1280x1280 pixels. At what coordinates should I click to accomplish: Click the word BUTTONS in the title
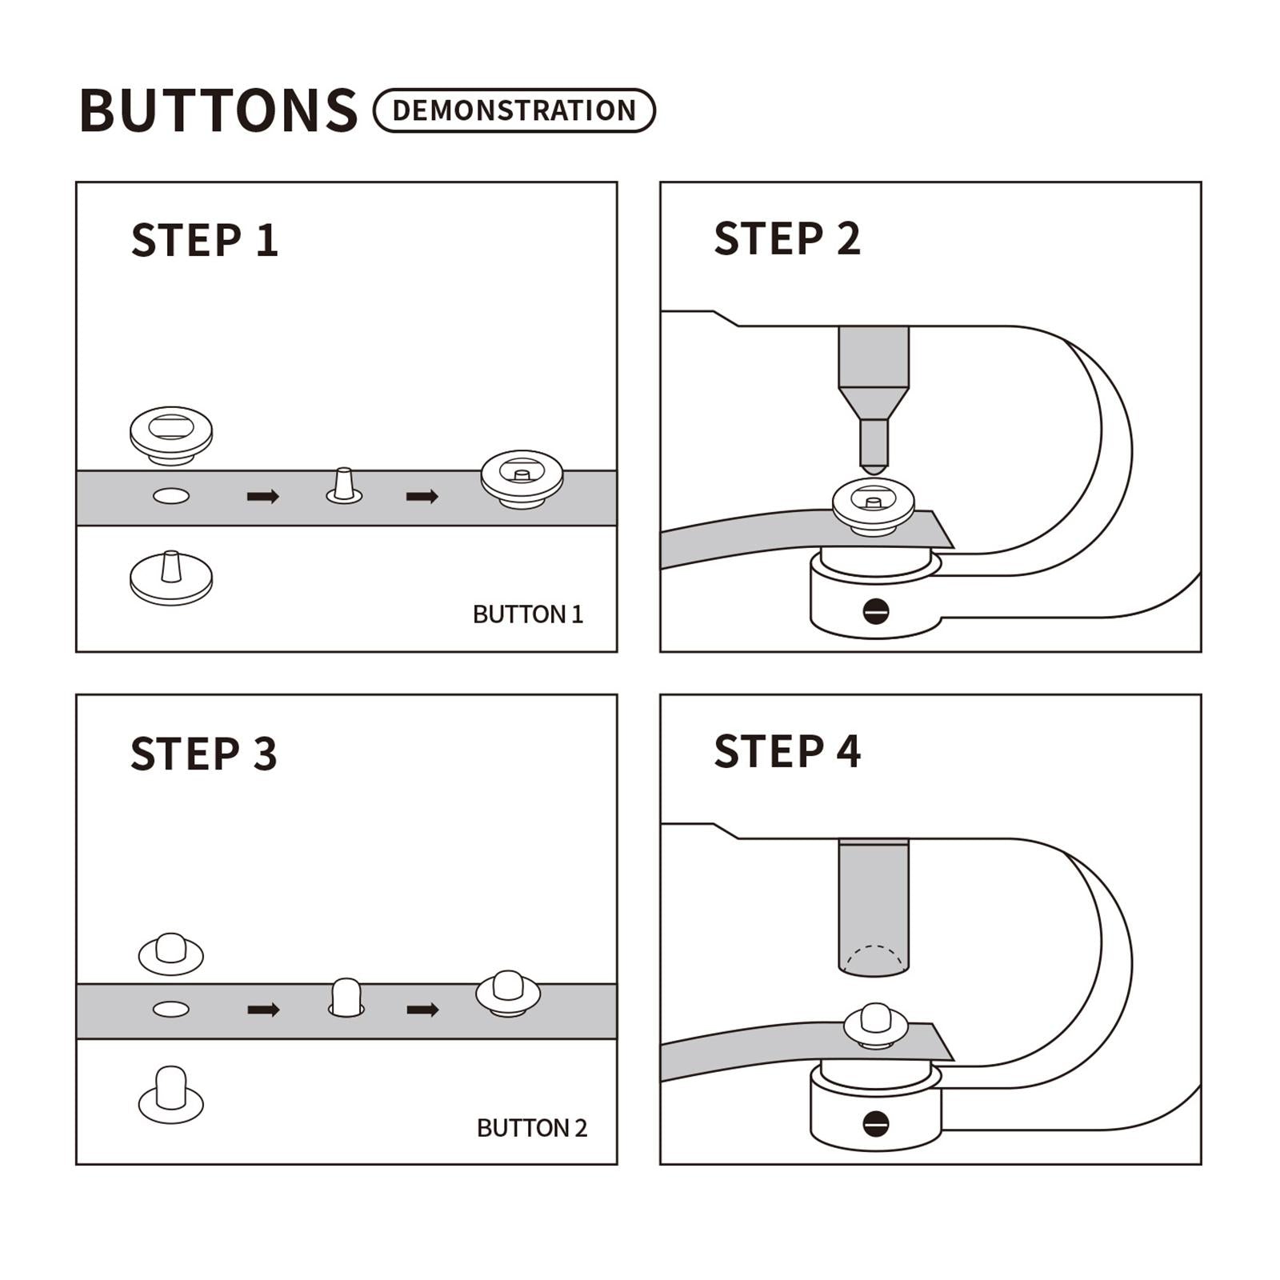[218, 110]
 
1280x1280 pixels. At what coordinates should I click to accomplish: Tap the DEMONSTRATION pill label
[514, 110]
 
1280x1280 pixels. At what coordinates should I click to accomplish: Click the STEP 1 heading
[205, 240]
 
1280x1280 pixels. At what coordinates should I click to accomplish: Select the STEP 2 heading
[787, 238]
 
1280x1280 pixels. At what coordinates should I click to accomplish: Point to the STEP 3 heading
[204, 754]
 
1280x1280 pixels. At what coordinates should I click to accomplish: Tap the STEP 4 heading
[787, 751]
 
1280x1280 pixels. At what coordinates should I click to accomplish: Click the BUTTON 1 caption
[528, 614]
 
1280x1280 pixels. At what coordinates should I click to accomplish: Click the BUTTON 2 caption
[532, 1128]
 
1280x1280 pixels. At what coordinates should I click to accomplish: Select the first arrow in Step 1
[263, 497]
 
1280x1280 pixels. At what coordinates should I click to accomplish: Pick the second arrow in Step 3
[422, 1010]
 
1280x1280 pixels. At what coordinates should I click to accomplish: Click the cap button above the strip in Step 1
[171, 435]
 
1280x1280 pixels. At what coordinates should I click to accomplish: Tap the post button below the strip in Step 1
[171, 578]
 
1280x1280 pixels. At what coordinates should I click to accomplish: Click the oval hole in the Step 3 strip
[171, 1009]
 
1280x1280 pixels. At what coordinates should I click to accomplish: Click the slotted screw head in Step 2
[876, 611]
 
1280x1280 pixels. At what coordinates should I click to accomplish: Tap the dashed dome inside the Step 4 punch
[874, 960]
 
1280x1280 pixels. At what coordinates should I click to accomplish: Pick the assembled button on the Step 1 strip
[522, 478]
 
